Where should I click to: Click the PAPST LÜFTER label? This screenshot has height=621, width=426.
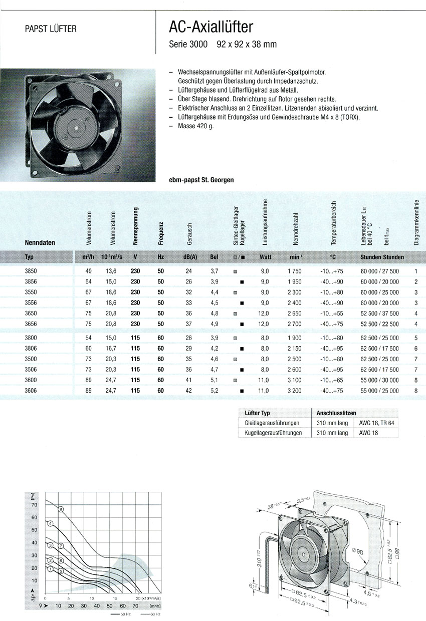pyautogui.click(x=51, y=29)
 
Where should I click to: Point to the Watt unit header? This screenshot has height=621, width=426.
pyautogui.click(x=265, y=257)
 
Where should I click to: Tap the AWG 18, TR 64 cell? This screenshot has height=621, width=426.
pyautogui.click(x=377, y=423)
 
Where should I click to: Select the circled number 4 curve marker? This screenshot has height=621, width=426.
pyautogui.click(x=50, y=524)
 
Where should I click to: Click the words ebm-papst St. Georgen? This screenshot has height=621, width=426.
pyautogui.click(x=202, y=179)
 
